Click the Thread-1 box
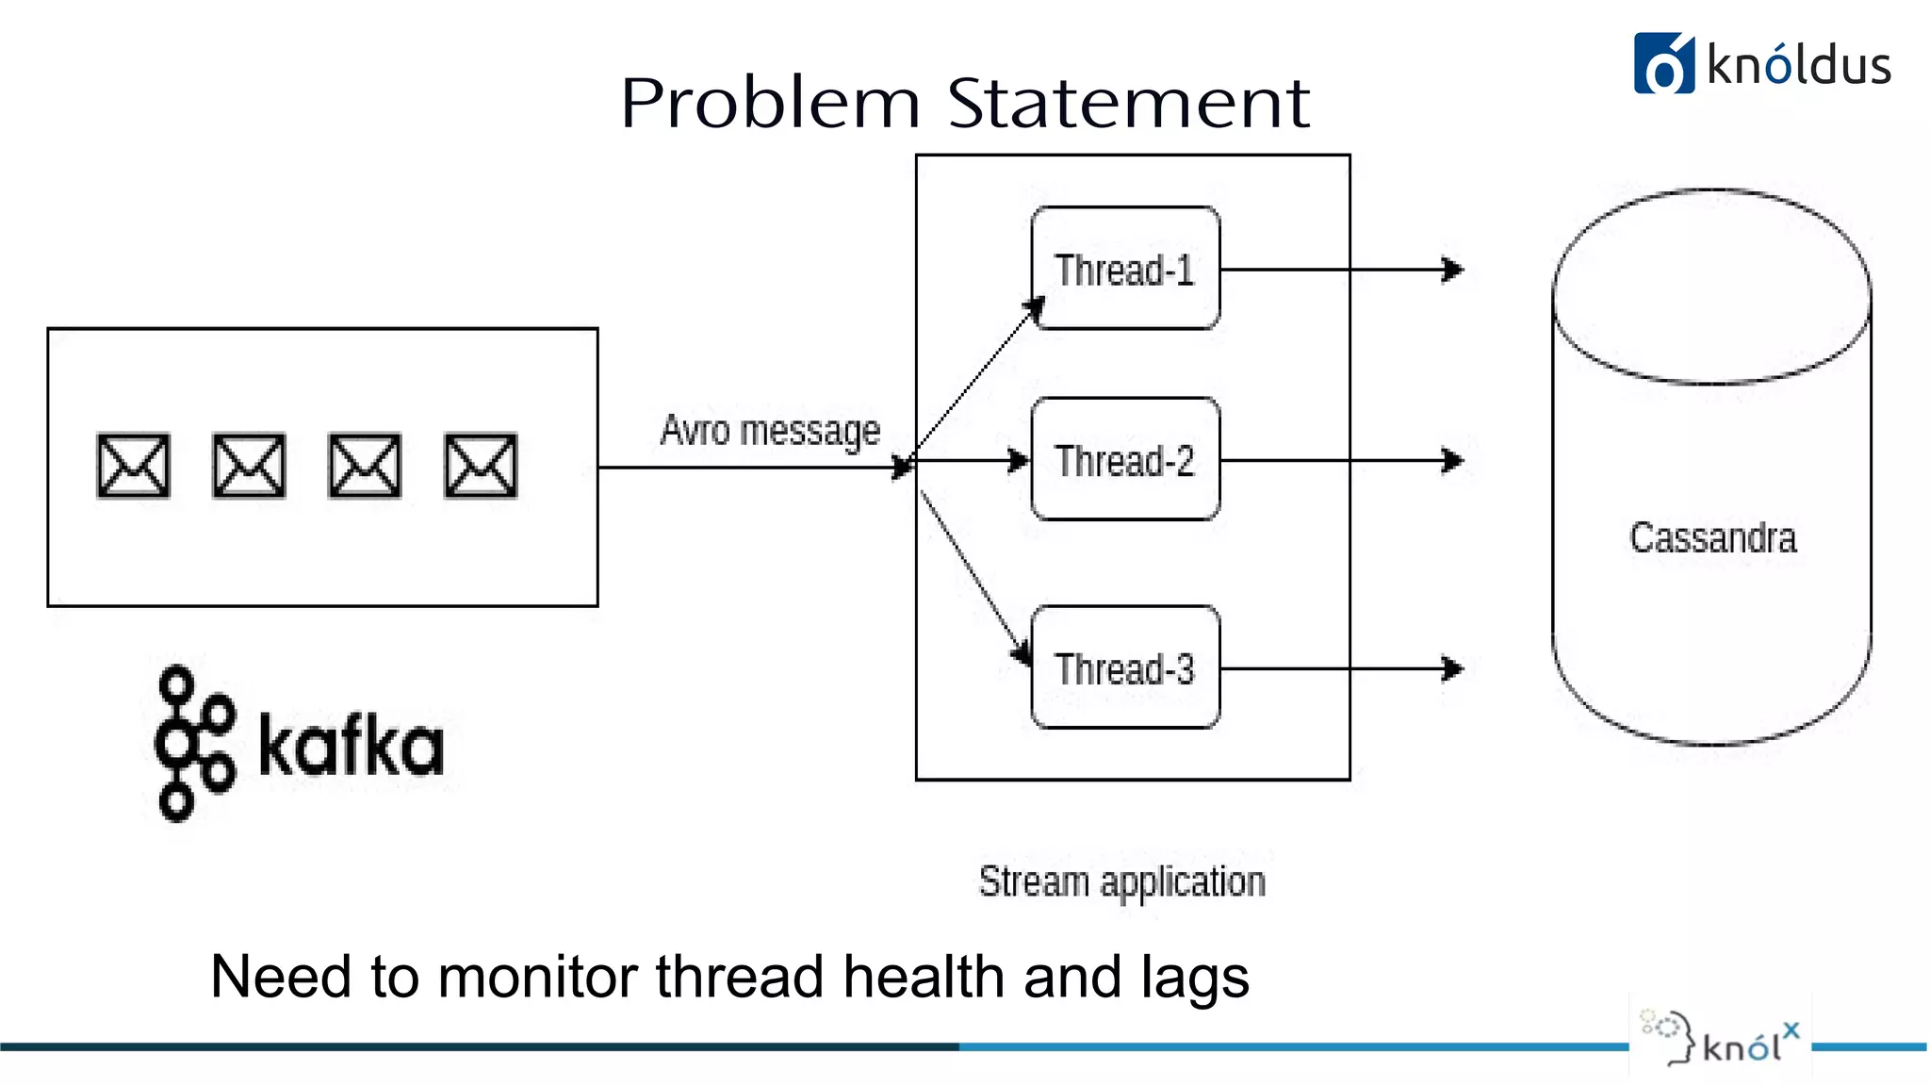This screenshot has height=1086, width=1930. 1125,269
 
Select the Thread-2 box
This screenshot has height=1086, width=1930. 1125,460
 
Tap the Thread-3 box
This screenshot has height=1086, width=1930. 1125,668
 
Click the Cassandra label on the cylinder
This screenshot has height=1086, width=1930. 1712,537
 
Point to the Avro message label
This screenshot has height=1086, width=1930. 770,431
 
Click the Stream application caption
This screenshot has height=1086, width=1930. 1121,882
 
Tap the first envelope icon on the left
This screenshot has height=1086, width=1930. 134,465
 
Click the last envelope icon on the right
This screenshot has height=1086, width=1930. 481,465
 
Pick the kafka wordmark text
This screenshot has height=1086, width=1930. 351,747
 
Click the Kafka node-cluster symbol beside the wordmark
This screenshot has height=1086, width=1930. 192,744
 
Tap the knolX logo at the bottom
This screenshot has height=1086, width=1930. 1721,1043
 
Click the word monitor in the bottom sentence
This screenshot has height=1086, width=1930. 536,977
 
